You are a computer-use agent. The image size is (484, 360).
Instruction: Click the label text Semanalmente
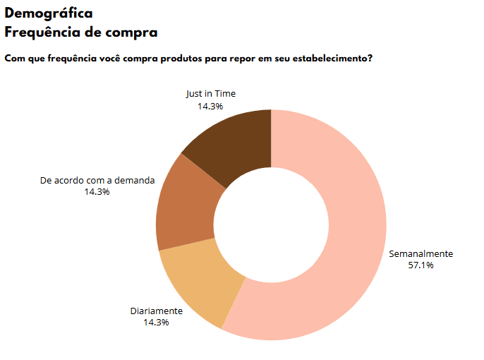tap(421, 254)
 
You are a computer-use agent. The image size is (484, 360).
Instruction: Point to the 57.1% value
tap(421, 265)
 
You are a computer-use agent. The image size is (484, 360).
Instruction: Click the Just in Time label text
tap(211, 94)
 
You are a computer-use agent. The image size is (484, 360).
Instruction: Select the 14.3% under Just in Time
tap(210, 106)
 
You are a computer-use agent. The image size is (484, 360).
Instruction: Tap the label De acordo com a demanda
tap(97, 180)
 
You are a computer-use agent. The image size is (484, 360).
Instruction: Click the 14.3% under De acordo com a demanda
tap(97, 191)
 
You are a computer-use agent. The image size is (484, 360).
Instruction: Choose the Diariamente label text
tap(156, 311)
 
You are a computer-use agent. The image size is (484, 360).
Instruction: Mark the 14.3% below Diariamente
tap(156, 322)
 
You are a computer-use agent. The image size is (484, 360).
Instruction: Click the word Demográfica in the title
tap(48, 13)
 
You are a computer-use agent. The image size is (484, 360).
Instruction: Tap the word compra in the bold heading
tap(133, 32)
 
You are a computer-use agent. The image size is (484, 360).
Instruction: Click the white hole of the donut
tap(271, 224)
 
